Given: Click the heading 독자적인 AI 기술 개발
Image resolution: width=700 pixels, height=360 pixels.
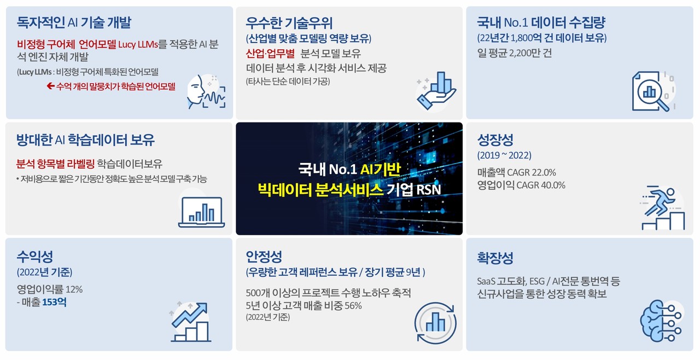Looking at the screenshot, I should pos(74,23).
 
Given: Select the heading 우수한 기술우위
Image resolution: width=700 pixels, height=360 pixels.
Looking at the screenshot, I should pos(289,23).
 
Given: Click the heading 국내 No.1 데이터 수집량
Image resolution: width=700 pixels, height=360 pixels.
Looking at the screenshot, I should pos(541,23).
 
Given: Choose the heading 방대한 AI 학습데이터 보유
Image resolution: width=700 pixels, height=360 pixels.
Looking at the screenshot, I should pos(86,140).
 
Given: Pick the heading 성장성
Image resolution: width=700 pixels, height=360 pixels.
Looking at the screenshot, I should pos(495,140).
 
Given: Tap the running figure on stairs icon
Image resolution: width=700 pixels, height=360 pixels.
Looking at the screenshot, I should pos(662,210).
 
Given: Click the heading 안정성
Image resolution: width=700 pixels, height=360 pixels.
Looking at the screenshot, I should pos(264,257).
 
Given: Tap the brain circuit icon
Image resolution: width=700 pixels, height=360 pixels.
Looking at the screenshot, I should pos(661,322).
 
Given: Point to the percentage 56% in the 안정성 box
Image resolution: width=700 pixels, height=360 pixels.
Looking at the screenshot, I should pos(353,305).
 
